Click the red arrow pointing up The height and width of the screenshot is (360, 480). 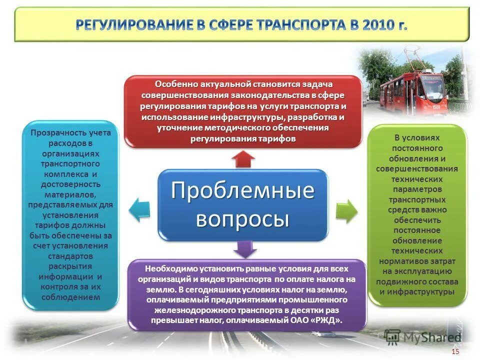[x=243, y=158]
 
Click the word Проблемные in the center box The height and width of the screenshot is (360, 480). [x=243, y=191]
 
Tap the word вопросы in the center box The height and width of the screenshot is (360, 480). [x=243, y=219]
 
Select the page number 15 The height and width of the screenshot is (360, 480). [x=455, y=351]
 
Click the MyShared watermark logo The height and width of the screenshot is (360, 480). [x=422, y=337]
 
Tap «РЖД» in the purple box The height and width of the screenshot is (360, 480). [x=327, y=321]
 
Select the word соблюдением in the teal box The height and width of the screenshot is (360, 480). [x=70, y=297]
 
